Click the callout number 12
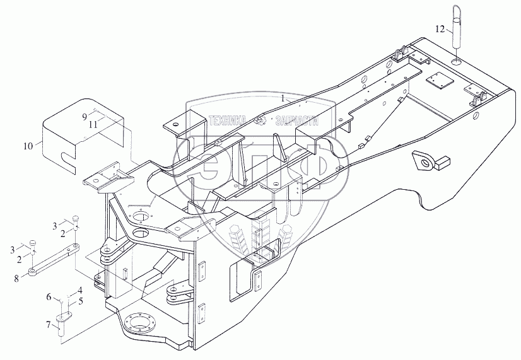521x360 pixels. click(441, 29)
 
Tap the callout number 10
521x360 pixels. click(27, 146)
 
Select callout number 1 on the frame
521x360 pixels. click(284, 98)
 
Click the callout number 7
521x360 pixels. click(48, 324)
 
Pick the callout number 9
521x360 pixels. click(84, 117)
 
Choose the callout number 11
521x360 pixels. click(93, 124)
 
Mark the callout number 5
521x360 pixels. click(81, 301)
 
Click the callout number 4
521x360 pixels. click(80, 290)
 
